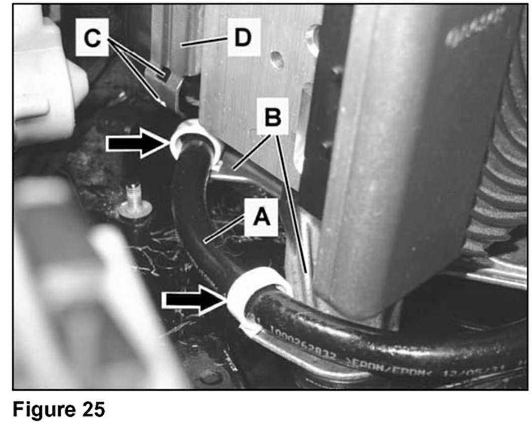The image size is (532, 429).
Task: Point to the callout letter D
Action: (244, 38)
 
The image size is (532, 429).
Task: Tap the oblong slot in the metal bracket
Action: (302, 131)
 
